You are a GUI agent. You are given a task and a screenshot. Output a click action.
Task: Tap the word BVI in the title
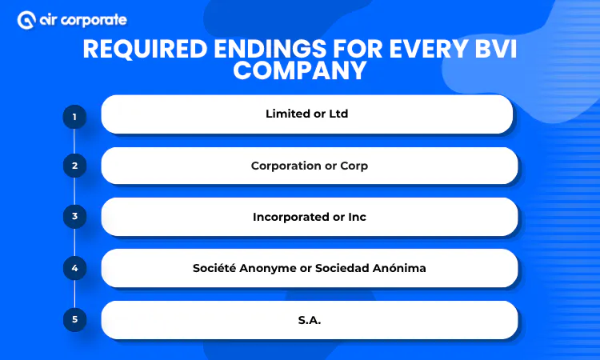point(488,50)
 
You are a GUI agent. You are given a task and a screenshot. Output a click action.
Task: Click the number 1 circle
point(74,117)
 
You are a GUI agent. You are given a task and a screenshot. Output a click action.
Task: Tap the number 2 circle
point(74,166)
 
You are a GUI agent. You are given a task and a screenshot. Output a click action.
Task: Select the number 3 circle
point(74,216)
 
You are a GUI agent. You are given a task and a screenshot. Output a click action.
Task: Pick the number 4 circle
point(74,268)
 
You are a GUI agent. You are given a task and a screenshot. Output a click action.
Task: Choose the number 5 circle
point(74,319)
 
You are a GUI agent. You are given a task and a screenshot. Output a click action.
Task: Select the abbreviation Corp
point(352,166)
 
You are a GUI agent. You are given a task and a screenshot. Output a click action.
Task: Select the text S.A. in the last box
point(307,319)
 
